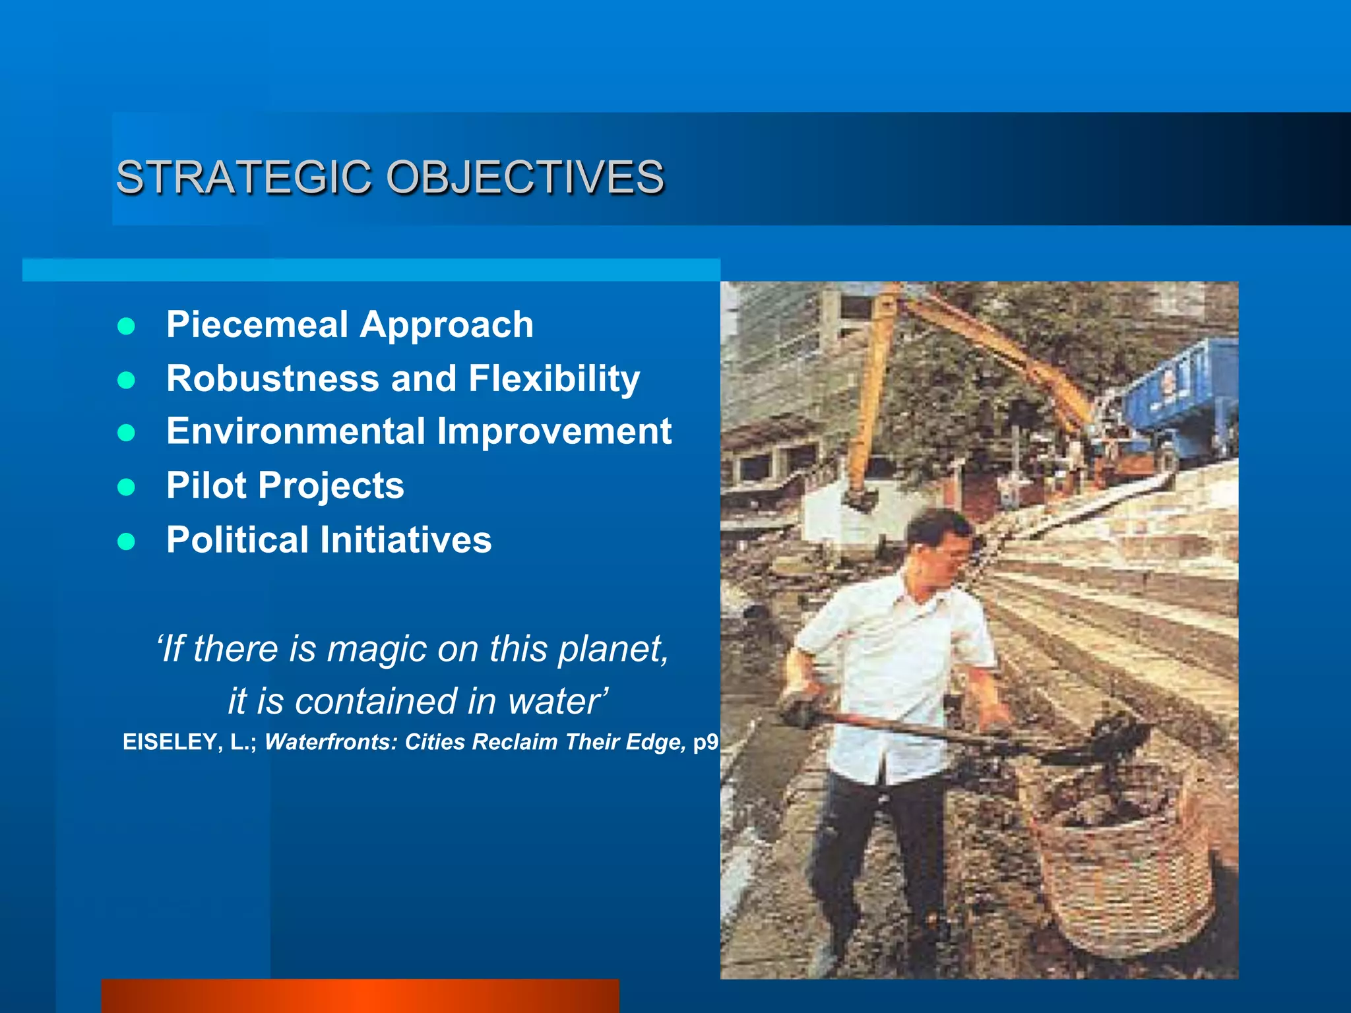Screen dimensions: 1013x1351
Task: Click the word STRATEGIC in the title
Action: pos(243,177)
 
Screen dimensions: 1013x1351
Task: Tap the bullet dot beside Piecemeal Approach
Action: pos(126,326)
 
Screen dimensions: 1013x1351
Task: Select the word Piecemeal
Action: pos(257,324)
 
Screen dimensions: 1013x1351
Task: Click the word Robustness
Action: pos(272,379)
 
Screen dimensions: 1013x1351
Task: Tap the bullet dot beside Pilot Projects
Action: pos(126,487)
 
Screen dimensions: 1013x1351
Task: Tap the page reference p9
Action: pos(706,743)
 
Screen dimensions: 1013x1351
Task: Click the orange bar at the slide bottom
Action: pos(360,996)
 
